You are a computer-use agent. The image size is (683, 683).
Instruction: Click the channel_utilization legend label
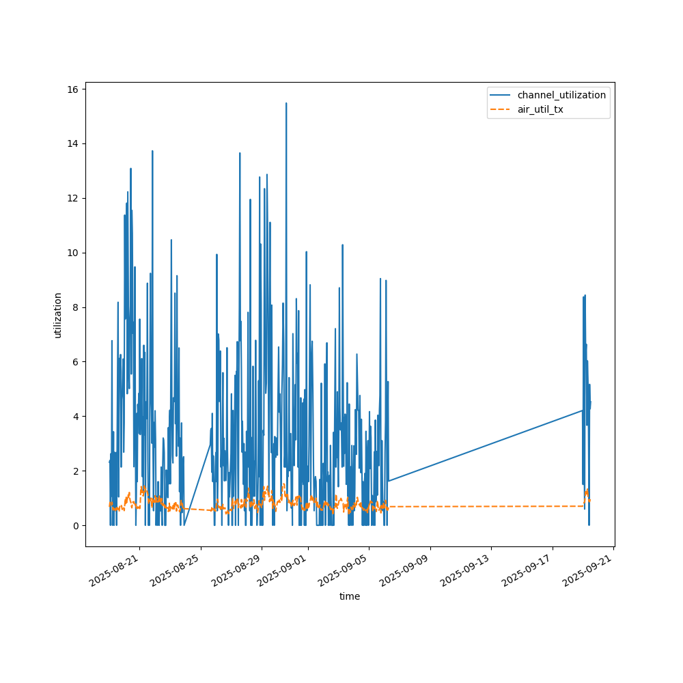pos(561,95)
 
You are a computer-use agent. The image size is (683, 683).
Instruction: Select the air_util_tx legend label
pos(540,109)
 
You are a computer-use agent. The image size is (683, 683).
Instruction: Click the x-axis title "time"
pos(350,596)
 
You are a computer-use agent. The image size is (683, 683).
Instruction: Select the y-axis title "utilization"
pos(58,315)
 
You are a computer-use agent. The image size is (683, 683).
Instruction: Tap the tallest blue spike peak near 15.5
pos(286,104)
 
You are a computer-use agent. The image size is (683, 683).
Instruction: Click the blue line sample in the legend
pos(501,95)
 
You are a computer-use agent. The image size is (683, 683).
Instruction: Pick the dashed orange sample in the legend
pos(501,109)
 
